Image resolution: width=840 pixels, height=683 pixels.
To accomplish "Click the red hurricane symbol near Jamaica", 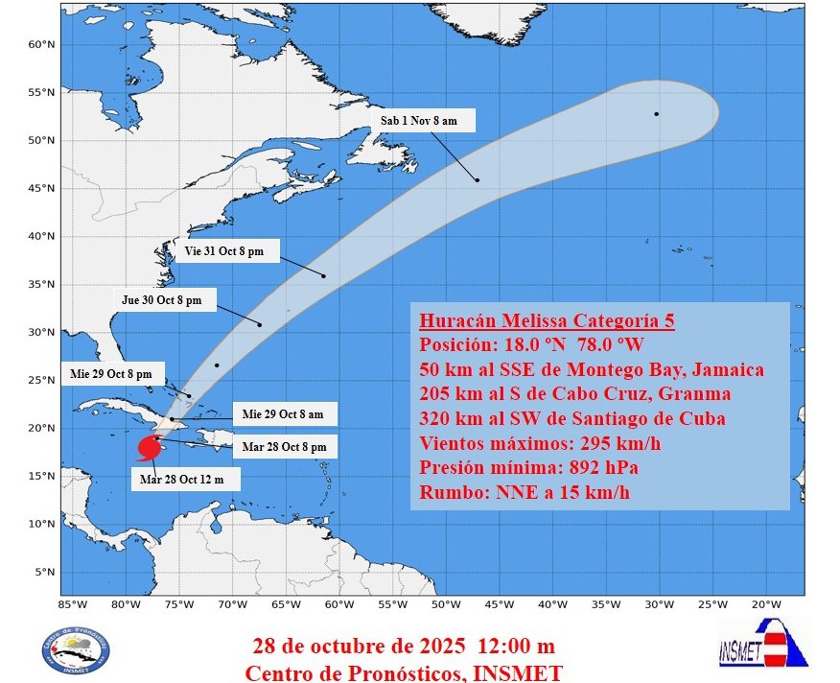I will click(149, 448).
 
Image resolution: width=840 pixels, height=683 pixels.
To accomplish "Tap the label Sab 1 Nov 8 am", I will click(423, 121).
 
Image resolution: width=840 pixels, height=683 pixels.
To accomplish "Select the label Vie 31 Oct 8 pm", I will click(227, 251).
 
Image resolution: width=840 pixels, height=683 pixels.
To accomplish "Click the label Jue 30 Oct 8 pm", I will click(162, 299).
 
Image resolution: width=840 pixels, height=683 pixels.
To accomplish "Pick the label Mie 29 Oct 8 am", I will click(283, 414).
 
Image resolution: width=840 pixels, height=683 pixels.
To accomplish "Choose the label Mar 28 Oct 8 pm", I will click(285, 446).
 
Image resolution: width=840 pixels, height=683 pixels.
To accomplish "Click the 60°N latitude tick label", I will click(39, 44).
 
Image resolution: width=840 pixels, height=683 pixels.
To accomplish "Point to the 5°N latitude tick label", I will click(42, 572).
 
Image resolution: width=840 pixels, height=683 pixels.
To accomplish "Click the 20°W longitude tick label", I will click(763, 604).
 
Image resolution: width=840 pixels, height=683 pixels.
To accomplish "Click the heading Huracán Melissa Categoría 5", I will click(547, 320).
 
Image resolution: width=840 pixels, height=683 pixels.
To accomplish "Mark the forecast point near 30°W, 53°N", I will click(657, 114).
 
